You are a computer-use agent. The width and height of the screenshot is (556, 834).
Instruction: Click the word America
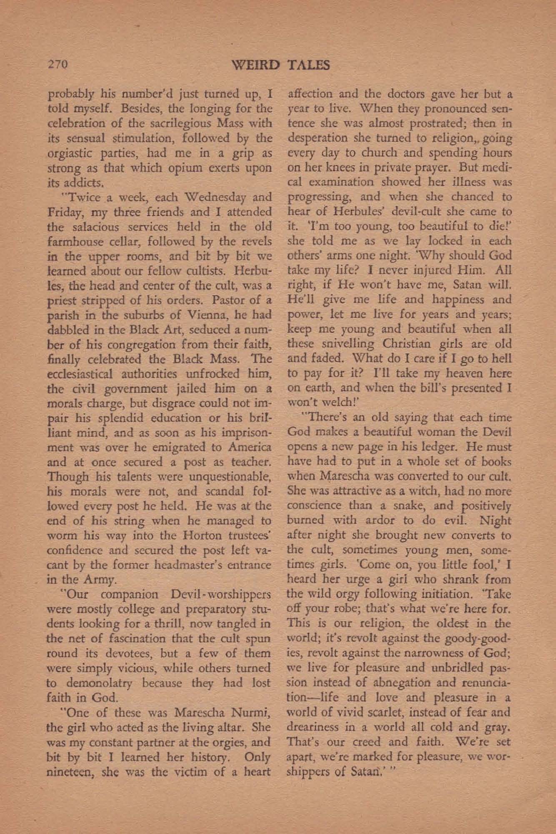click(x=248, y=447)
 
